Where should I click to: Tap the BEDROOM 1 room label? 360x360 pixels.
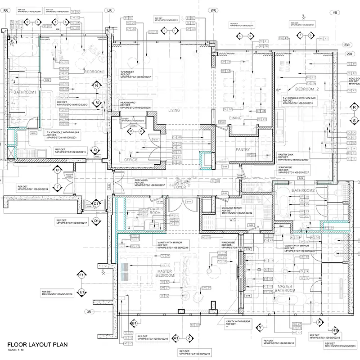[94, 72]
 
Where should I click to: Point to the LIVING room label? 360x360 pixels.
[174, 110]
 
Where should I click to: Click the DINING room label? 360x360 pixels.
[235, 118]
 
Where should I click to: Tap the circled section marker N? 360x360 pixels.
[96, 85]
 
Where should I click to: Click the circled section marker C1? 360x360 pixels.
[96, 204]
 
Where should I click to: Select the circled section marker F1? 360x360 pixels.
[82, 274]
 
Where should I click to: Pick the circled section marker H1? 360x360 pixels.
[335, 330]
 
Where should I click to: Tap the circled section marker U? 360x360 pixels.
[58, 170]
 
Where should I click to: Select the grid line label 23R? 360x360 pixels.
[347, 45]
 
